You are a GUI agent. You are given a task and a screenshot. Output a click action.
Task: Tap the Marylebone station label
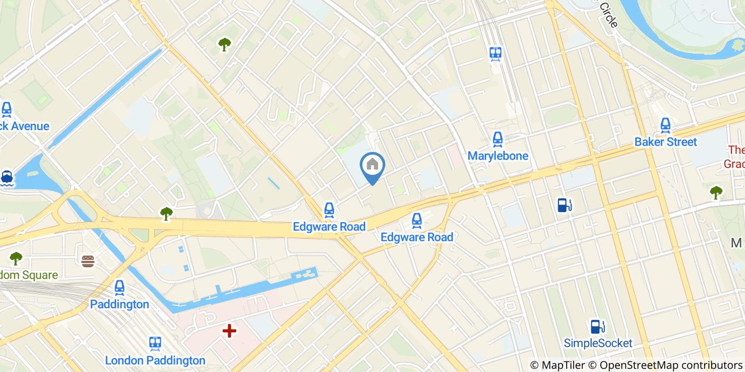click(498, 156)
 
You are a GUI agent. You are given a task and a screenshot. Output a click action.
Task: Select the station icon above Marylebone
click(498, 139)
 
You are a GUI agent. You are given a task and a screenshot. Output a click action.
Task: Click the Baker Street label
click(665, 142)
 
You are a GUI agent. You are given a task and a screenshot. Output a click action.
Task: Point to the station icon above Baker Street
click(665, 125)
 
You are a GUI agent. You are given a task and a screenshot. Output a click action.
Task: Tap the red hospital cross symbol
click(229, 331)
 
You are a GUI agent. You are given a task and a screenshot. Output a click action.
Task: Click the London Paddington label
click(155, 360)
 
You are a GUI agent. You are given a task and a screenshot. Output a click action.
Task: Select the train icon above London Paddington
click(155, 343)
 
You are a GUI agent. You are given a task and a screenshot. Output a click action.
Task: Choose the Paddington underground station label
click(119, 305)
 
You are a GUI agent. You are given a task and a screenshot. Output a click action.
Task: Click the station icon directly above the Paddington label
click(119, 288)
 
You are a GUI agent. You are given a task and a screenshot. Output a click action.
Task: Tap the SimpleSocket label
click(598, 343)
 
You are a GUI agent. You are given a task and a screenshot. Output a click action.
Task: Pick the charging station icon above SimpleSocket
click(598, 326)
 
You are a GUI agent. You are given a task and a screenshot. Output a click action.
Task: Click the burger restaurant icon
click(88, 261)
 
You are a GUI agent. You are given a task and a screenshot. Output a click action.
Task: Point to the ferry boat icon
click(6, 177)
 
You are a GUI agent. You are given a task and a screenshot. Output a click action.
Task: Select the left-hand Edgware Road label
click(329, 227)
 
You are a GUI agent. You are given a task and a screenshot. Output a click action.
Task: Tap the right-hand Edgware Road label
click(417, 237)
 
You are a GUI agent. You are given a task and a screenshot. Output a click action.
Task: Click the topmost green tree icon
click(225, 45)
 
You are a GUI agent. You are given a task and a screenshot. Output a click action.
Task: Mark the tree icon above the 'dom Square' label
click(16, 258)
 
